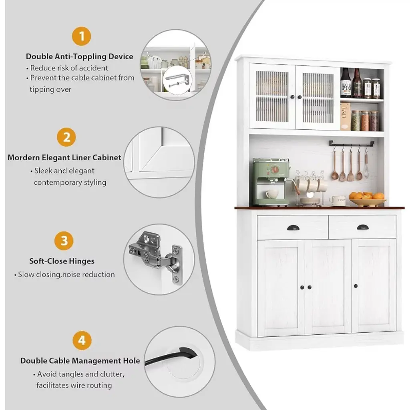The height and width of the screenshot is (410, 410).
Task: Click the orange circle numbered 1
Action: tap(82, 36)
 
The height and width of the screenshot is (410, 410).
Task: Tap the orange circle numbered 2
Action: tap(66, 137)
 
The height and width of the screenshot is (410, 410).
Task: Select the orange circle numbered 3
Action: tap(64, 241)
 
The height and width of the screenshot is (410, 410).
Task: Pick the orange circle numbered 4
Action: tap(82, 340)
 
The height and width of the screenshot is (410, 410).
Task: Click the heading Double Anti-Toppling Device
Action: tap(80, 56)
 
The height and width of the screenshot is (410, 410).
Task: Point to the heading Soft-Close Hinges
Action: tap(62, 261)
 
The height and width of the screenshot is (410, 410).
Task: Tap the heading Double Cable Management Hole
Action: tap(80, 361)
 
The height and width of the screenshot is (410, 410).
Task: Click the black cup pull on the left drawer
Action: tap(293, 228)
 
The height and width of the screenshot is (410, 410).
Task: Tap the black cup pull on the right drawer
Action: tap(363, 227)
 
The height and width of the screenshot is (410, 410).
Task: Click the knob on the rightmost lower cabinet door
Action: tap(356, 286)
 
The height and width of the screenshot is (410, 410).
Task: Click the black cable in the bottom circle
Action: tap(171, 356)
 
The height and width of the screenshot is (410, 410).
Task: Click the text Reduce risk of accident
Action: tap(69, 68)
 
